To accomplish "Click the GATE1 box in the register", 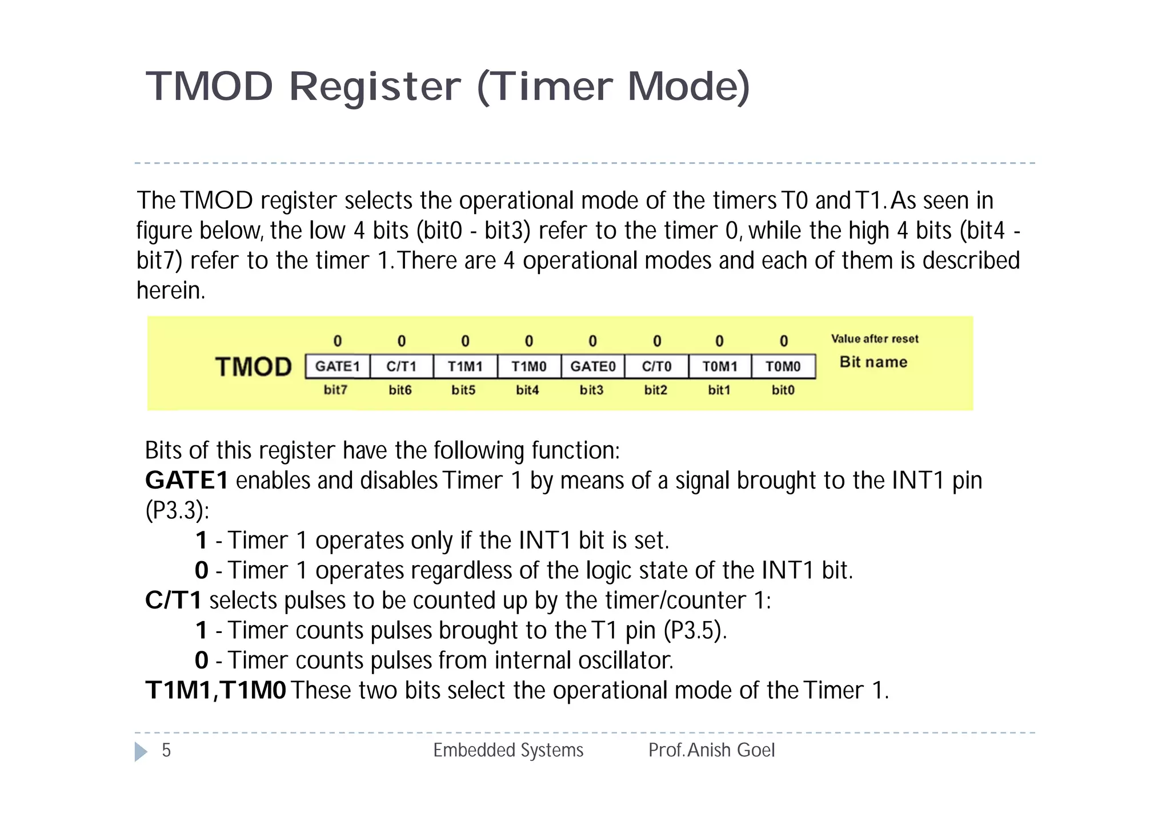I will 338,366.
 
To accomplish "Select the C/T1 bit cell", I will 402,366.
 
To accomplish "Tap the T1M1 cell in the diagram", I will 465,366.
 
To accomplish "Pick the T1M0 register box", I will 529,366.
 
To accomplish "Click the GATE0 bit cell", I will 593,366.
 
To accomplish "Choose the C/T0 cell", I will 656,366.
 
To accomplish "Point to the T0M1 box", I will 720,366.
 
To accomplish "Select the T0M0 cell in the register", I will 783,366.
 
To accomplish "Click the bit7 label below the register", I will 335,390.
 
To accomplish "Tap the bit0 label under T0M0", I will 783,390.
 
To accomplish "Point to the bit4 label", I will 527,390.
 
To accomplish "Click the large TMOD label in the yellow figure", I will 254,366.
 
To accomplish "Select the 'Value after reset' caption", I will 875,339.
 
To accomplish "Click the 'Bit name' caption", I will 874,362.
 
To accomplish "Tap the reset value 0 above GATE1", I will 338,341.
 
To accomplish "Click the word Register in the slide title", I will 374,87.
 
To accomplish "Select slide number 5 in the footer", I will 166,750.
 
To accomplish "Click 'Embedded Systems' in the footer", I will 508,750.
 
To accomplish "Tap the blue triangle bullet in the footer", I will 141,751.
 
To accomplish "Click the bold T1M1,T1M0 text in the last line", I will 215,690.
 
